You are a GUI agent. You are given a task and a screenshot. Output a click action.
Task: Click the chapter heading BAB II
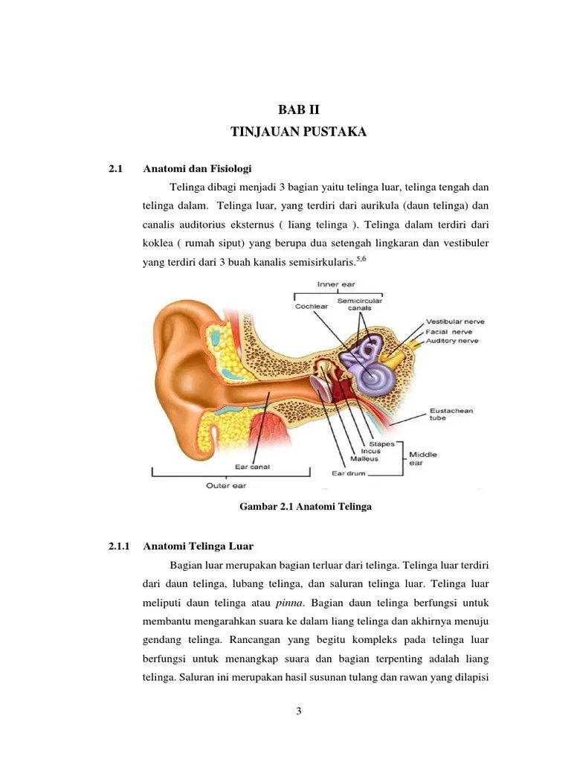point(298,111)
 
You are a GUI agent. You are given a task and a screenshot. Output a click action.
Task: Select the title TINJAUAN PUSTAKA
point(298,132)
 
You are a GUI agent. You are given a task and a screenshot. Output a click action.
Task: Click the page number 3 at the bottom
point(298,711)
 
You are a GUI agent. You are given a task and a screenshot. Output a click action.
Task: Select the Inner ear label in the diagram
point(338,284)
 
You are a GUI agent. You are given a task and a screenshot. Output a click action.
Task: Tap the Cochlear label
point(312,305)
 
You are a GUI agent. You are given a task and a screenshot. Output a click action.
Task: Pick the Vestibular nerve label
point(455,321)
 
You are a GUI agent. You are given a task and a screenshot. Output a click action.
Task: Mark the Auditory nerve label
point(452,341)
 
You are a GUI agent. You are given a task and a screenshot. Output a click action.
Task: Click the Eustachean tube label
point(451,414)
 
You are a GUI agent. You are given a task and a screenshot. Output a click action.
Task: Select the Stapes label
point(382,444)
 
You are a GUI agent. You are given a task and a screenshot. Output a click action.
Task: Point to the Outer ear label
point(226,485)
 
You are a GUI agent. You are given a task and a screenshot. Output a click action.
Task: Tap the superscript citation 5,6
point(362,258)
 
